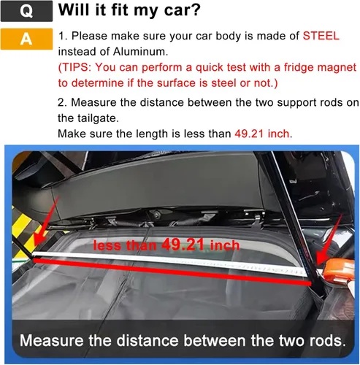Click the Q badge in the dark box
[x=26, y=11]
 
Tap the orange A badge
[x=26, y=39]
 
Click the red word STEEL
[x=321, y=36]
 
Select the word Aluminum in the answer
[x=139, y=52]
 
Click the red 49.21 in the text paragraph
[x=249, y=134]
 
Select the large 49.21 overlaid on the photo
[x=183, y=244]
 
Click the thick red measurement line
[x=172, y=272]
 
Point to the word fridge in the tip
[x=258, y=67]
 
